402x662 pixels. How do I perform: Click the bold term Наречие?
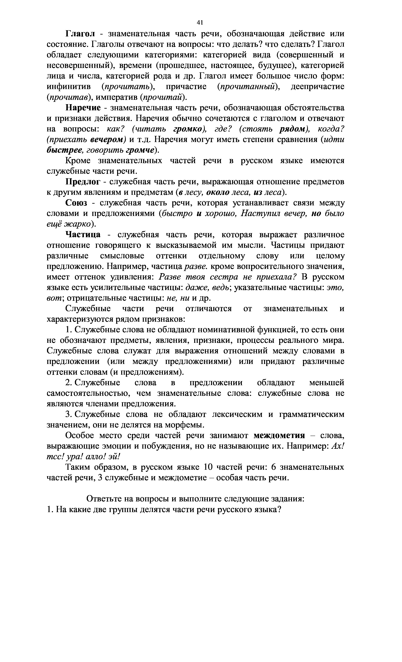(83, 108)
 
